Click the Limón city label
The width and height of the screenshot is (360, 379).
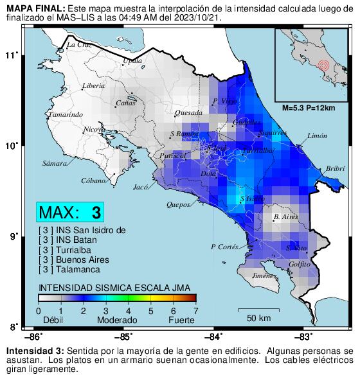318,136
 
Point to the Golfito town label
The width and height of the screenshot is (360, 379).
300,264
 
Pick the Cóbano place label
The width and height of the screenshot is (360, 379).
93,181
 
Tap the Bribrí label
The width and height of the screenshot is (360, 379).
336,168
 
